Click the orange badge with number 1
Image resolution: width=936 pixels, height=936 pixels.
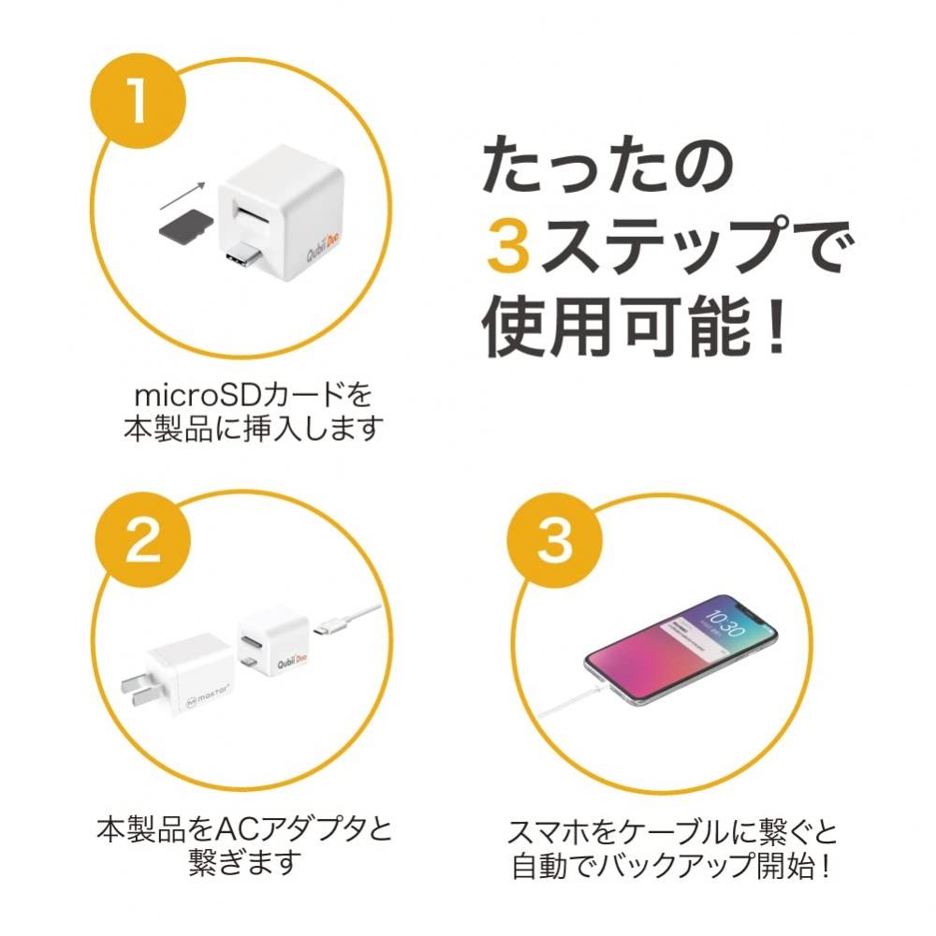pos(138,103)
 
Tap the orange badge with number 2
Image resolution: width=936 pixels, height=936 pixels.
pos(143,540)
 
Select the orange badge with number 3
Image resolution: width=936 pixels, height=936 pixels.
pos(554,540)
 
